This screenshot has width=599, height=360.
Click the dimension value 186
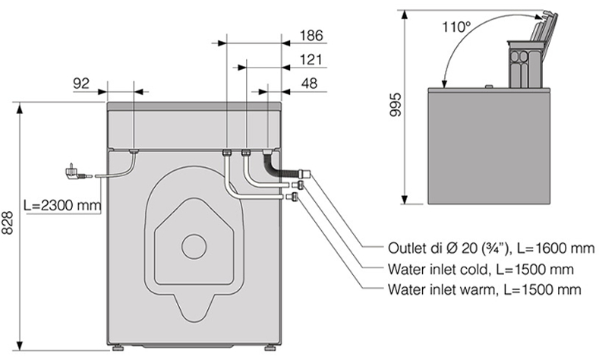pyautogui.click(x=311, y=35)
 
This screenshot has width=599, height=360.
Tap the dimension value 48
pyautogui.click(x=308, y=84)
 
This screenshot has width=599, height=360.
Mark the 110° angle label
pyautogui.click(x=456, y=26)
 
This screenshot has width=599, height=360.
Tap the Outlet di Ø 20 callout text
pyautogui.click(x=487, y=248)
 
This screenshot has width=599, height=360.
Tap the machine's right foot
pyautogui.click(x=270, y=352)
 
